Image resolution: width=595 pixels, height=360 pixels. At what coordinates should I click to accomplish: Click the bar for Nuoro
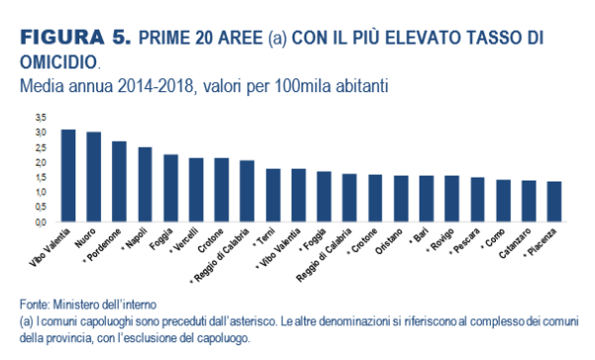pos(93,178)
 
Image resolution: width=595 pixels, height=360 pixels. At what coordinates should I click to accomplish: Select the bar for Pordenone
pos(119,182)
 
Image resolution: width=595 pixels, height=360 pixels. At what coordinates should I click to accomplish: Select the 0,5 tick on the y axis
pos(41,207)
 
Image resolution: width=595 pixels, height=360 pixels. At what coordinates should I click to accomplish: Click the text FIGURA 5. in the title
pos(74,38)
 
